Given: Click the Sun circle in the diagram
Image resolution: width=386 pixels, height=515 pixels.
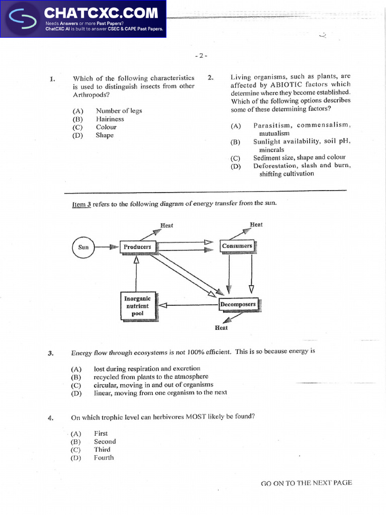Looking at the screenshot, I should point(83,247).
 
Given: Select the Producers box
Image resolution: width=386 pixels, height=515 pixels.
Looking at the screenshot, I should point(137,247).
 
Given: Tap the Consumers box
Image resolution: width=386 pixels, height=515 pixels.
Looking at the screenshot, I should point(237,246).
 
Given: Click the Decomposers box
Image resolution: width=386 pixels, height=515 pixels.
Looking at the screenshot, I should point(238,304).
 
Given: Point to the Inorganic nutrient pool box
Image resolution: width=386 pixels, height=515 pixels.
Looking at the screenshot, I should point(137,306).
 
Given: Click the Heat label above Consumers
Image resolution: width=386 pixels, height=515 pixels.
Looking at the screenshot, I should point(256,224).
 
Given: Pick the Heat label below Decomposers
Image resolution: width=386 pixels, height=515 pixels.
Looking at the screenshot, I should point(221,328).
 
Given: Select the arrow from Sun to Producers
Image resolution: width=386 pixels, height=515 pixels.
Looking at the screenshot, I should point(107,247).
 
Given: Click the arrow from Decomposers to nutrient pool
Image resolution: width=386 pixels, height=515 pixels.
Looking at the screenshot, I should point(188,304).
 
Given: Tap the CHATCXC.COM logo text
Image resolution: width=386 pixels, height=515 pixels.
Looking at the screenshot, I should point(101,13).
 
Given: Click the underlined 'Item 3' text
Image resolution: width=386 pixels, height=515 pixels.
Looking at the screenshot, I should point(81,204).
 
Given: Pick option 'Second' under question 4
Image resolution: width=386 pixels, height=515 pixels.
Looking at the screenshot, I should point(105,442).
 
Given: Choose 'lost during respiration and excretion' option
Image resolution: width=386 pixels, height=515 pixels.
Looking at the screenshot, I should point(147,369).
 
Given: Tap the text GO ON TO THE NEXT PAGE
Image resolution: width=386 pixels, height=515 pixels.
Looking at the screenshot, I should point(306,483).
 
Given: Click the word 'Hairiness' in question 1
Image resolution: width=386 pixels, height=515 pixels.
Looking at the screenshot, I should point(110,119).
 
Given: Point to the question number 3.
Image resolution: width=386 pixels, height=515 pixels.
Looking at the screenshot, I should point(51,353).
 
